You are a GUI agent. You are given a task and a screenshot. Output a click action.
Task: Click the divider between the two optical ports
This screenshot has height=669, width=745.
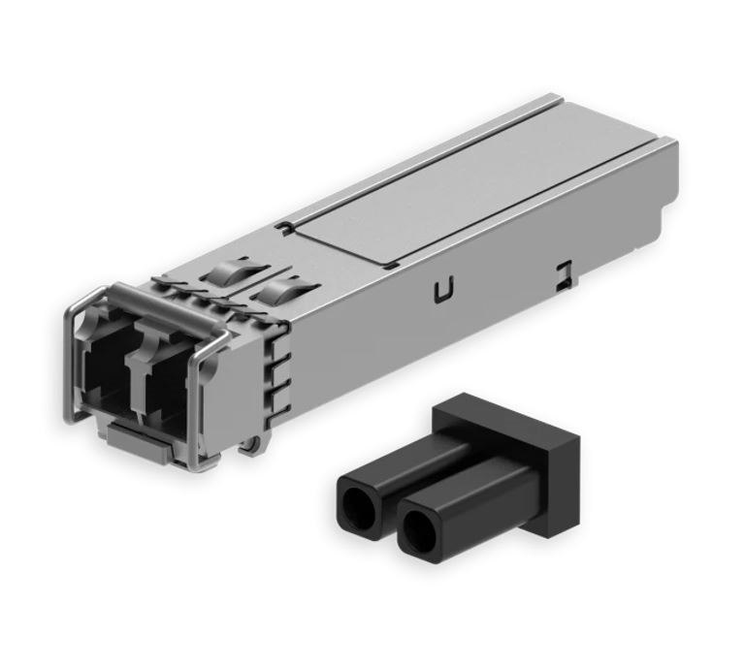click(136, 373)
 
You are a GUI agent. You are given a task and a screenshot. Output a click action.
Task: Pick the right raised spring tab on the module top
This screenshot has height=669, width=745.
click(281, 289)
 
